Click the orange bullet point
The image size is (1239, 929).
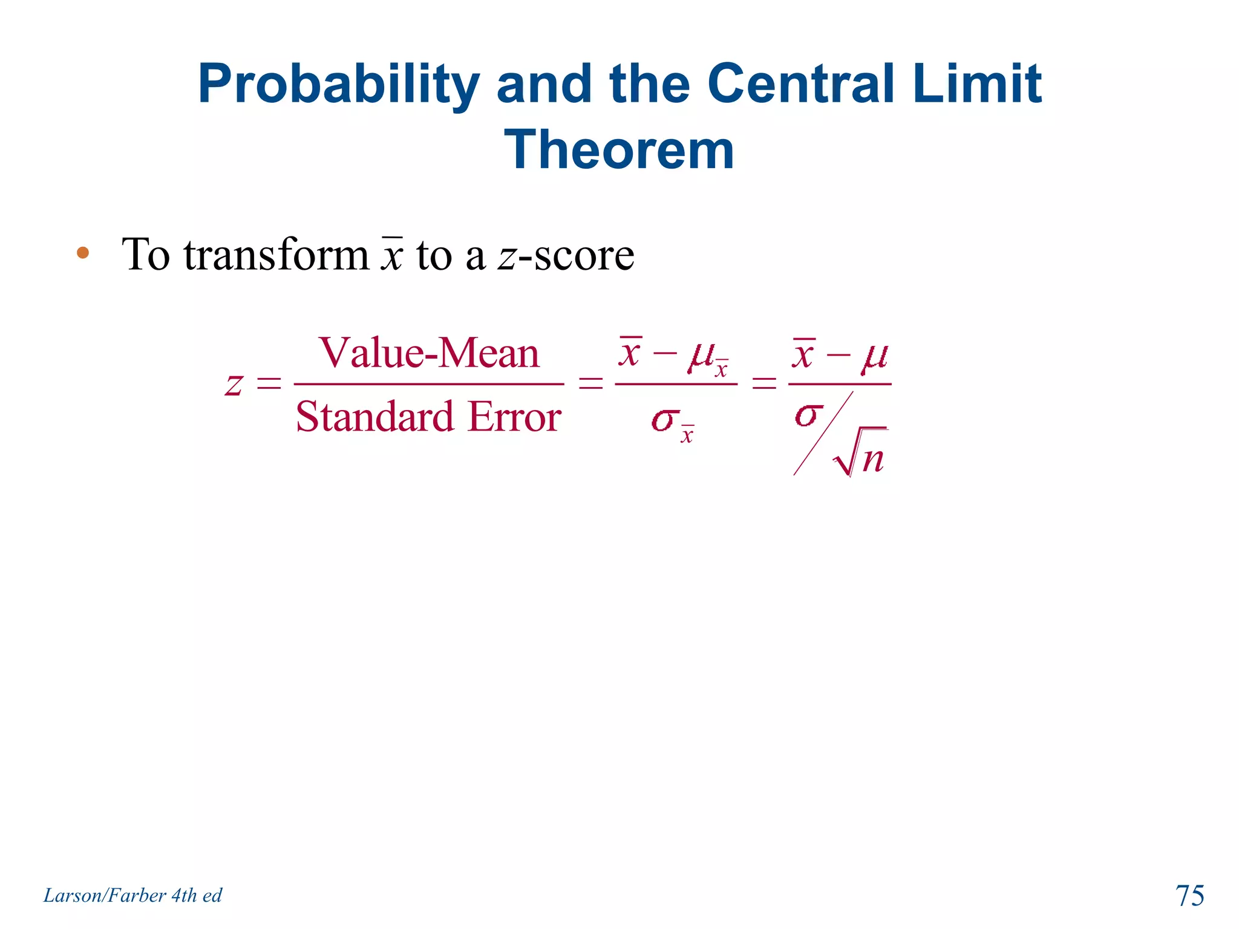pos(83,253)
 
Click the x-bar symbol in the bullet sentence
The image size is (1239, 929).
pos(392,254)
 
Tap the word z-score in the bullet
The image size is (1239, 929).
pos(566,255)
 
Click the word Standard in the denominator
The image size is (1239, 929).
pos(374,417)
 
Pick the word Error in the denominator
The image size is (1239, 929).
pos(515,417)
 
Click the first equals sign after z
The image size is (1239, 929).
pos(269,383)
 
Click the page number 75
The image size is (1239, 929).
pos(1189,895)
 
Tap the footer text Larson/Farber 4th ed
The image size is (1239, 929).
pos(132,895)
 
